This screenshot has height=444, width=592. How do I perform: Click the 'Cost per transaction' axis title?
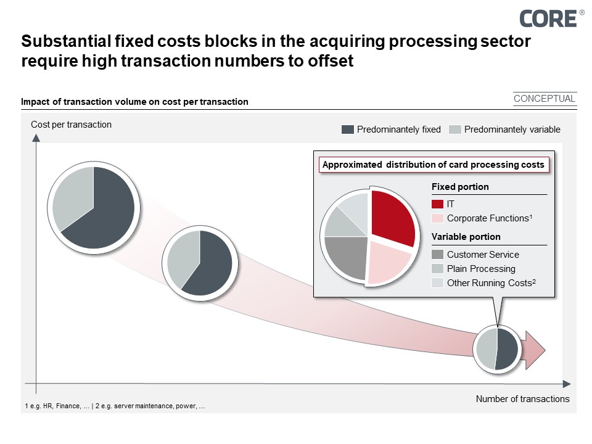click(71, 125)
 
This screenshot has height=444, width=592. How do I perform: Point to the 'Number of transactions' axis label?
click(522, 399)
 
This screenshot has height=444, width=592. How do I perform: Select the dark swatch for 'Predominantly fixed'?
click(347, 129)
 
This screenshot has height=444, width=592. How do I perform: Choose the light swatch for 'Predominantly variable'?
click(454, 129)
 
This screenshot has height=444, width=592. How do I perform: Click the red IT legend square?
click(437, 203)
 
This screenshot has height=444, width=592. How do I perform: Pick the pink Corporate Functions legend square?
click(437, 218)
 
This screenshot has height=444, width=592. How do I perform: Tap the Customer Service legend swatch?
click(437, 254)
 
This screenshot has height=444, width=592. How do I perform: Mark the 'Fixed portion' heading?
click(459, 187)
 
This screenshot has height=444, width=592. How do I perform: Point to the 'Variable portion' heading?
click(466, 237)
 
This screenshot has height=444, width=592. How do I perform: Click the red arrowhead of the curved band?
click(535, 349)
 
